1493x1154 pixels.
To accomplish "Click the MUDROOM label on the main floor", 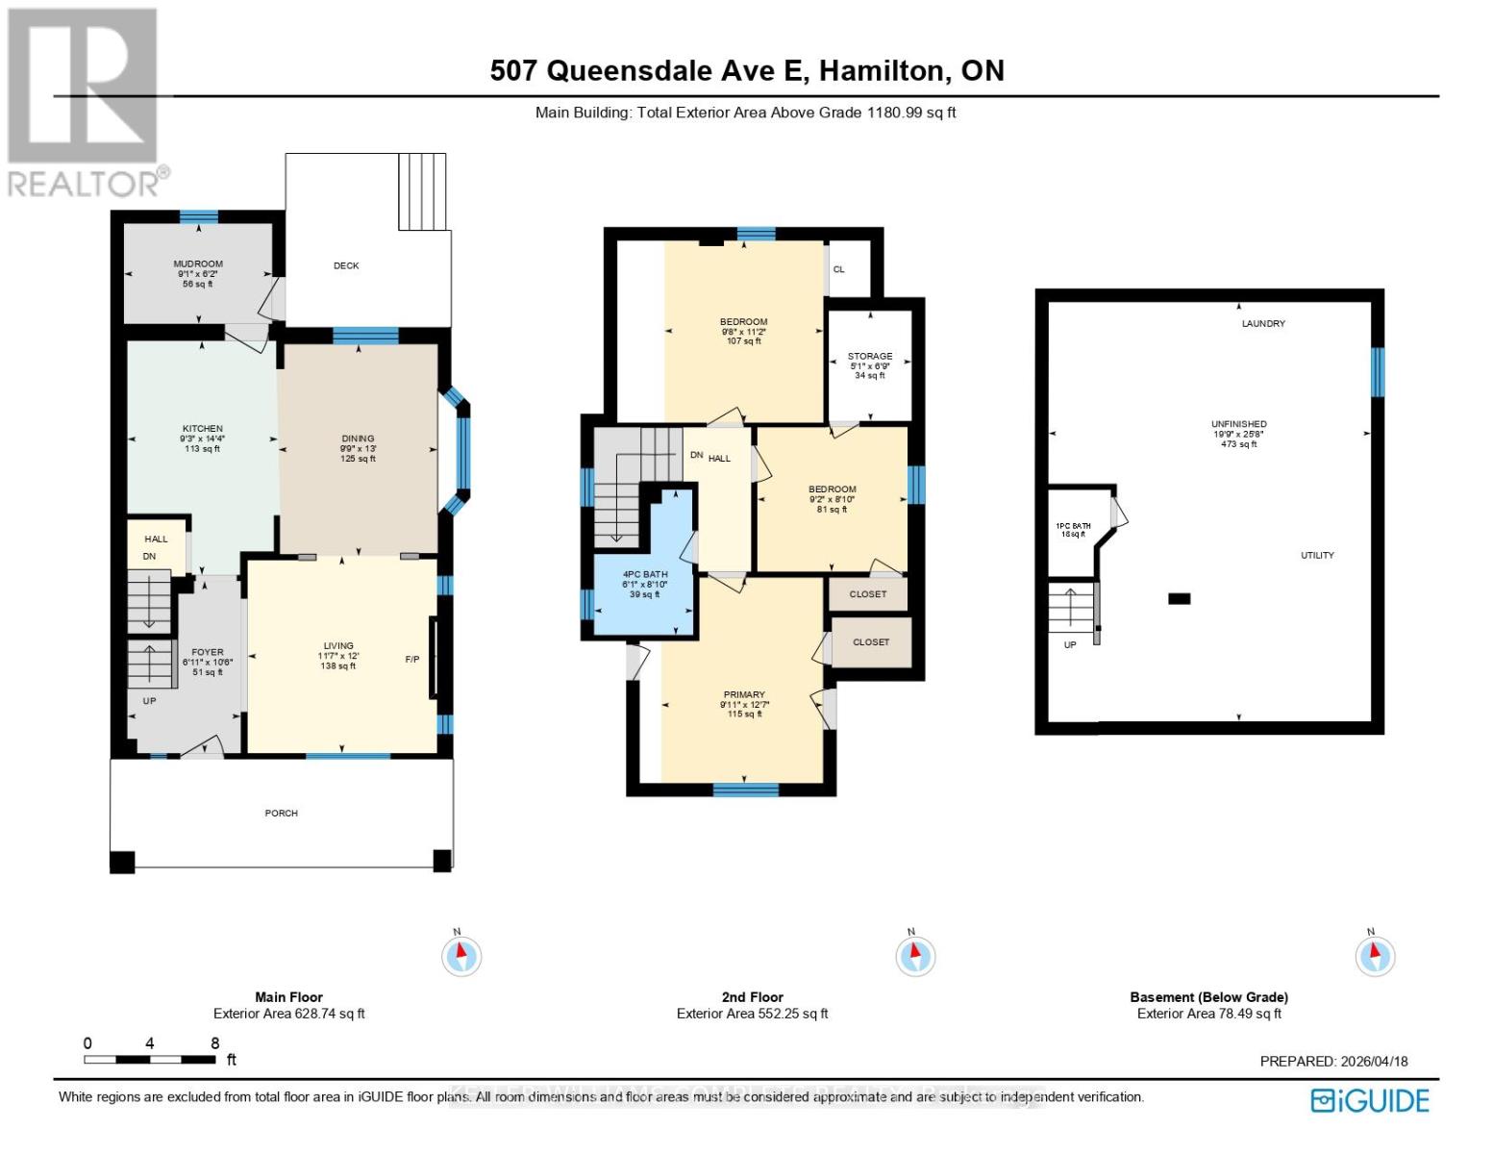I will point(198,264).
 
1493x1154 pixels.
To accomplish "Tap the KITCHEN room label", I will point(202,429).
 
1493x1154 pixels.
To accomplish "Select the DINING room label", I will point(358,439).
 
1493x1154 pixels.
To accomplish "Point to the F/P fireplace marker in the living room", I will point(411,660).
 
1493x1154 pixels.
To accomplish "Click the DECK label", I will point(346,265).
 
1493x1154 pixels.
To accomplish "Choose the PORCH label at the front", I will point(281,814).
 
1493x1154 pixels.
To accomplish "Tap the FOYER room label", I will point(207,652).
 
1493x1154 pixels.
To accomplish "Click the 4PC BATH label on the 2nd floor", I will point(644,574).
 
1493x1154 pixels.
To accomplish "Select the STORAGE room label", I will point(869,356).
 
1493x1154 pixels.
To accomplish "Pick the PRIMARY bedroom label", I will point(744,694).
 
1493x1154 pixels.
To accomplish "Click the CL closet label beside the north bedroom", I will point(838,269).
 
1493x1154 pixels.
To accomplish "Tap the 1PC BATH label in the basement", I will point(1073,526).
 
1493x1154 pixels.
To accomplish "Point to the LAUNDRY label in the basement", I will point(1262,324).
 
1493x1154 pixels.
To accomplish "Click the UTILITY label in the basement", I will point(1316,556).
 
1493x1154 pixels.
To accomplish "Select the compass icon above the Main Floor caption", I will point(460,956).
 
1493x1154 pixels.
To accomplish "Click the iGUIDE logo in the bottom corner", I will point(1370,1100).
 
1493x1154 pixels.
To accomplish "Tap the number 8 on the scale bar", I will point(214,1043).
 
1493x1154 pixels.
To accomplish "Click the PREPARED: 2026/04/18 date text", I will point(1333,1062).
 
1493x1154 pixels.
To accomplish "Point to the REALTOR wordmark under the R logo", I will point(85,183).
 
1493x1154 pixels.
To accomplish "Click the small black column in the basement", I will point(1179,598).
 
